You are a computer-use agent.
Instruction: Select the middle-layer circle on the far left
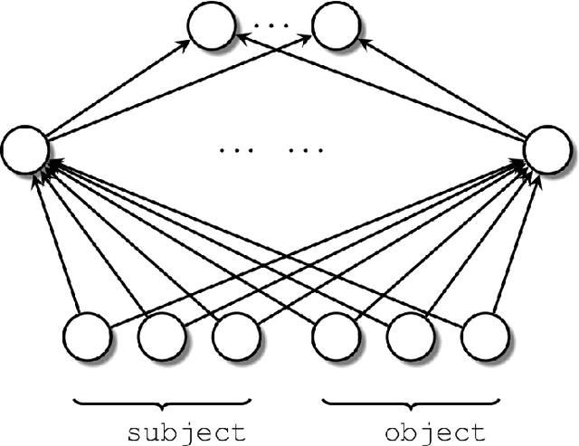pyautogui.click(x=25, y=151)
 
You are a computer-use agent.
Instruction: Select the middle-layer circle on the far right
pyautogui.click(x=546, y=151)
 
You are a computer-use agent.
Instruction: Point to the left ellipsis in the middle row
pyautogui.click(x=233, y=151)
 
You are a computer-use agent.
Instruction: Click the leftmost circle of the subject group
pyautogui.click(x=88, y=337)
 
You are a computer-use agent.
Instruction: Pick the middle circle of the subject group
pyautogui.click(x=162, y=337)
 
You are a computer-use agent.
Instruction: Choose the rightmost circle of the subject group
pyautogui.click(x=236, y=337)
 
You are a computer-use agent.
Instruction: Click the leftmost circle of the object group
pyautogui.click(x=336, y=337)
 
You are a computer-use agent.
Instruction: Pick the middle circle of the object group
pyautogui.click(x=410, y=337)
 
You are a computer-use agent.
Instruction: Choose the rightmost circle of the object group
pyautogui.click(x=484, y=337)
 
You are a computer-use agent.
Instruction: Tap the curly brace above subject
pyautogui.click(x=162, y=401)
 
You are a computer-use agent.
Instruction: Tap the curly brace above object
pyautogui.click(x=410, y=401)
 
